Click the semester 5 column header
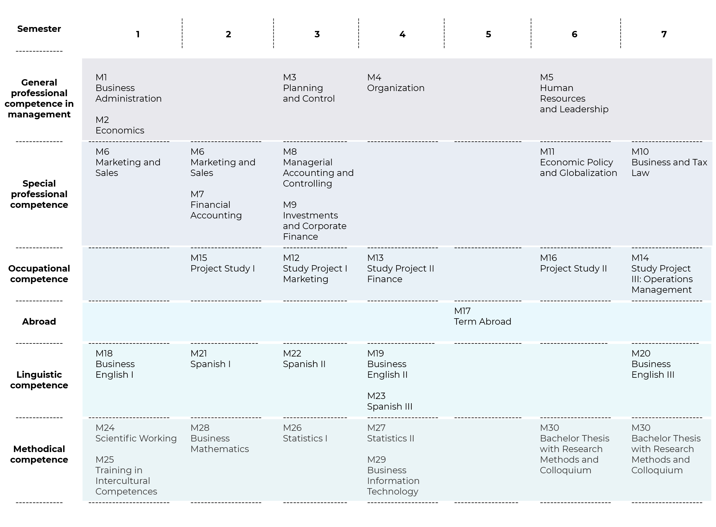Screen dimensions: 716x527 [x=488, y=34]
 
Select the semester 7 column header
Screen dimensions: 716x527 [x=664, y=34]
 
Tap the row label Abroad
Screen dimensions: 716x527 [x=39, y=321]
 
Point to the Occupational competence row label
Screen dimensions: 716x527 [x=39, y=274]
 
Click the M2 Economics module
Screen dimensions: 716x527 [x=120, y=125]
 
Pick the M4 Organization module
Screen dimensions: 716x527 [x=396, y=83]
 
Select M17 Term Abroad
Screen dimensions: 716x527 [x=482, y=316]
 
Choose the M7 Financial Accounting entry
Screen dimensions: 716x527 [x=216, y=204]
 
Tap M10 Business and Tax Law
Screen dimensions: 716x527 [x=669, y=162]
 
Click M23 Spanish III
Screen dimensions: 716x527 [x=390, y=401]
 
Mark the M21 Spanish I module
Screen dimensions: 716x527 [x=210, y=359]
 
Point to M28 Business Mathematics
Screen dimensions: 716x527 [x=219, y=438]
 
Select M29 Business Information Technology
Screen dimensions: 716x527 [x=393, y=475]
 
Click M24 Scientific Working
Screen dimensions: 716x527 [x=136, y=433]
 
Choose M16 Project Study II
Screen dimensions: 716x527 [x=573, y=263]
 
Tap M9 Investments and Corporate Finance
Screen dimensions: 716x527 [x=315, y=221]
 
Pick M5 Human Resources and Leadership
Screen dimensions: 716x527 [x=574, y=93]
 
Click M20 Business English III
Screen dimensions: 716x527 [x=653, y=364]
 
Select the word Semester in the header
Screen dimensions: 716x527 [x=39, y=29]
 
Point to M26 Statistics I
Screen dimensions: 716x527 [x=305, y=433]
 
